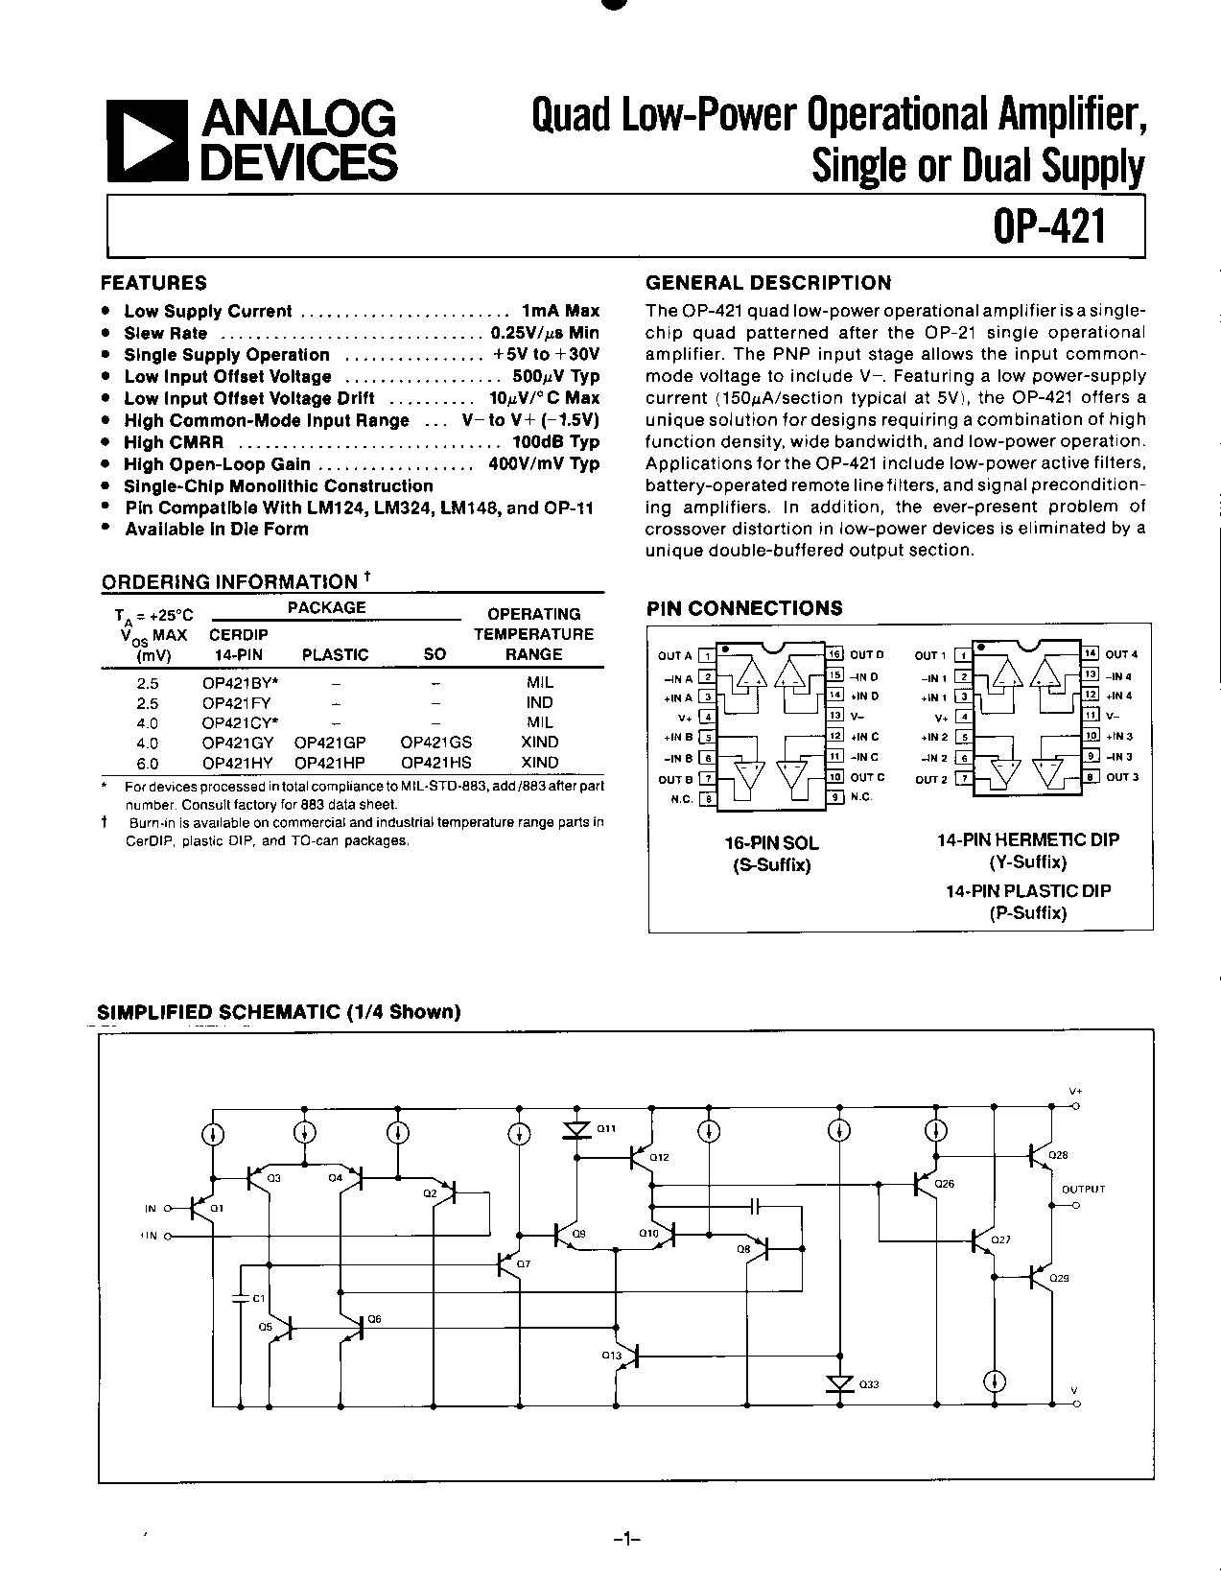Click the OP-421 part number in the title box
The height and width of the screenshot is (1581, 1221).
click(1051, 228)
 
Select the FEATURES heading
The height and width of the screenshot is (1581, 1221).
click(153, 283)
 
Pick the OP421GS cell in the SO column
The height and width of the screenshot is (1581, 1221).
click(436, 742)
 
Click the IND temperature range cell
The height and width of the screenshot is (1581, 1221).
click(539, 702)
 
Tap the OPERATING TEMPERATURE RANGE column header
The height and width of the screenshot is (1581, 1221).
click(533, 634)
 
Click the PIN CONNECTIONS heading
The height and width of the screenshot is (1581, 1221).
click(744, 608)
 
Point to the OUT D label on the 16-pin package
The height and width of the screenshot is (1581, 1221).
click(866, 655)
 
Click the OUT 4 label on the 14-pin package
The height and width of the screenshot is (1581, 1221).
click(1121, 654)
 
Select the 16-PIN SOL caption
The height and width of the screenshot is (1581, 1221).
click(771, 843)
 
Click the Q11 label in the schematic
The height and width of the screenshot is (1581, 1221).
click(606, 1129)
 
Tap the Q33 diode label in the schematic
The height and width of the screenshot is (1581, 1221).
click(868, 1384)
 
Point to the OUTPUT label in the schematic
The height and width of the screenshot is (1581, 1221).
click(1083, 1189)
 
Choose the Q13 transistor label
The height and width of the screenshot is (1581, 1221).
click(611, 1356)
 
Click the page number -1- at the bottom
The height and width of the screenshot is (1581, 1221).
click(625, 1540)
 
